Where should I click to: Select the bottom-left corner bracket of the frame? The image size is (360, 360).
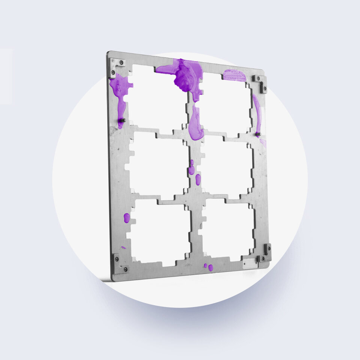point(119,263)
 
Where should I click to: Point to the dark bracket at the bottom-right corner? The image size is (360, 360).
point(266,253)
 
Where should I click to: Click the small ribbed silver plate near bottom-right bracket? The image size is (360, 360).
point(250,263)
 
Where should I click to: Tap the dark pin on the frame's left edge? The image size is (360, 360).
point(122,120)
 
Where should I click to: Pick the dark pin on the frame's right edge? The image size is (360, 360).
point(258,134)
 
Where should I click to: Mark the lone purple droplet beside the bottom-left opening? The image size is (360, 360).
point(127,218)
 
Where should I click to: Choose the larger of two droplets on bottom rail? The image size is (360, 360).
point(211,268)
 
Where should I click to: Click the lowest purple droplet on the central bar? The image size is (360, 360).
point(198,180)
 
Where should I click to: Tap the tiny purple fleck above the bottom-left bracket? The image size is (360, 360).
point(123,247)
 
